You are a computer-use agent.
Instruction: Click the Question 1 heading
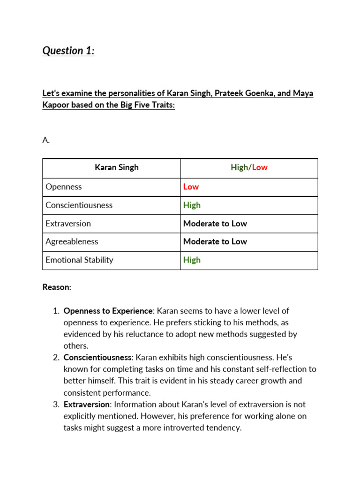(68, 51)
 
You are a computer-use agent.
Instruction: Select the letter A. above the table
(46, 140)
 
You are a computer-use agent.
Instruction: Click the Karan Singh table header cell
(117, 167)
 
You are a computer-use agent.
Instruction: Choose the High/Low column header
(249, 167)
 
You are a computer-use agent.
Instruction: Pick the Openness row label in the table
(64, 187)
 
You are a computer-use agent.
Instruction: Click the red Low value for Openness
(191, 187)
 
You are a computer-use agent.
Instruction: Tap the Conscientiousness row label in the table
(79, 205)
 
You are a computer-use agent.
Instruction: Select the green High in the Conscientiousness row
(192, 205)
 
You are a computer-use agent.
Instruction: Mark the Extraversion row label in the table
(68, 224)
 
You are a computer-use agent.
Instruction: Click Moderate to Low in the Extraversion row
(215, 224)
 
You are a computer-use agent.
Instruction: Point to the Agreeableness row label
(72, 241)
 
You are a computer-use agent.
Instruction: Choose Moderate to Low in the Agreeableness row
(215, 241)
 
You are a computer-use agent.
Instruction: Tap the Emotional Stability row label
(79, 260)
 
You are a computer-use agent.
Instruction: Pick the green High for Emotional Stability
(192, 260)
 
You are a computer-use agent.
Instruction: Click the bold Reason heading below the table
(56, 287)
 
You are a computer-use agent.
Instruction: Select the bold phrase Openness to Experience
(108, 311)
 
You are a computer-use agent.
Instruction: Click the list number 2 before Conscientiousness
(56, 358)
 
